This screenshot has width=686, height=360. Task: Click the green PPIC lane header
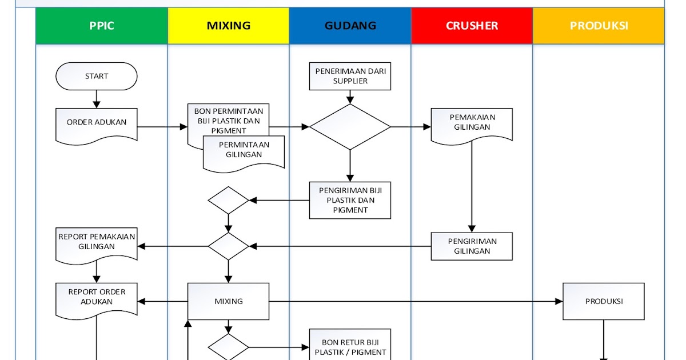[102, 26]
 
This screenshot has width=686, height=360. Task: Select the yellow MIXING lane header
[229, 26]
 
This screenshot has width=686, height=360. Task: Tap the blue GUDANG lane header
[350, 26]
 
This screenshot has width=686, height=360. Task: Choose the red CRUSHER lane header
[472, 26]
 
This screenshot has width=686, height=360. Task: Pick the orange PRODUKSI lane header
[599, 26]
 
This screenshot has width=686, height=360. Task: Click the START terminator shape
[96, 76]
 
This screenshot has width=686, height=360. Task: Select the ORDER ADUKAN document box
[96, 123]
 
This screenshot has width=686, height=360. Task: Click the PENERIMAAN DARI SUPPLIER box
[350, 76]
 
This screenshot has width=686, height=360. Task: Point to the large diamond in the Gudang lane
[350, 127]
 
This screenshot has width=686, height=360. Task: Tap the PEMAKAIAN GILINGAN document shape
[472, 123]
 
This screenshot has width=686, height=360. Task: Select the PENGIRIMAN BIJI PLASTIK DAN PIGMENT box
[350, 200]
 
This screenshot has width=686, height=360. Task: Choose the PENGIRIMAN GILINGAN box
[472, 246]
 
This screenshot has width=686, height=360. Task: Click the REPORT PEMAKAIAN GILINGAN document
[96, 243]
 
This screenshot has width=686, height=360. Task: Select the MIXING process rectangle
[229, 301]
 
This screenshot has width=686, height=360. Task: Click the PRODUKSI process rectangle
[604, 301]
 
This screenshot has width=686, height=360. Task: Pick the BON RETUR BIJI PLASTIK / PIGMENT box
[350, 346]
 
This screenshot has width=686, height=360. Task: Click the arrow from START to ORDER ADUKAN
[96, 99]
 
